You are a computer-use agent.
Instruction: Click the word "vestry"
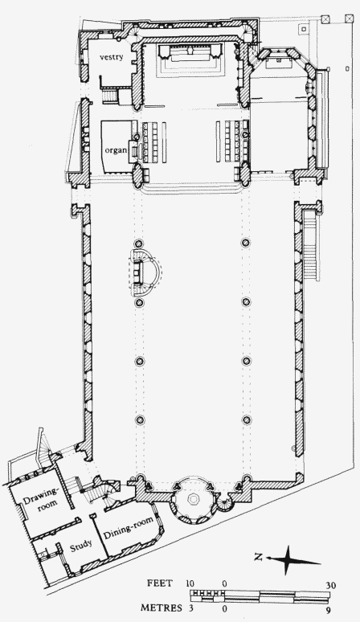tap(112, 57)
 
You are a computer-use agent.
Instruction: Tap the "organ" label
tap(117, 150)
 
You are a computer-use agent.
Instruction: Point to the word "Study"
tap(81, 546)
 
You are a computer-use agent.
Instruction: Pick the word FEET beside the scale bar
tap(160, 583)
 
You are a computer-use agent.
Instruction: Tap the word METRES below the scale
tap(162, 608)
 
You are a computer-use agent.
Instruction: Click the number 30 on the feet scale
tap(331, 586)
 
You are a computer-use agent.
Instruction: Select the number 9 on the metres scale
tap(329, 610)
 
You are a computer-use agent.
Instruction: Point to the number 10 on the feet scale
tap(190, 583)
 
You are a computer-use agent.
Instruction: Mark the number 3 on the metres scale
tap(190, 608)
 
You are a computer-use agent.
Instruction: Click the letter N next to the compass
tap(258, 557)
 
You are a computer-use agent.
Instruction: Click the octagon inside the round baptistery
tap(193, 499)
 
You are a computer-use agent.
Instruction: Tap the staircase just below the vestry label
tap(110, 96)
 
